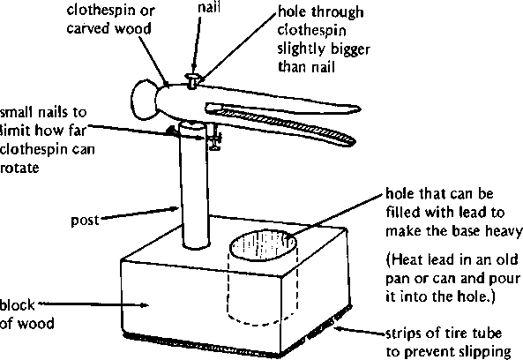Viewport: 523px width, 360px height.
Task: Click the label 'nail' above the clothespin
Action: click(209, 7)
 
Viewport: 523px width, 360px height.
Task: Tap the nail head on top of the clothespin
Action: click(192, 77)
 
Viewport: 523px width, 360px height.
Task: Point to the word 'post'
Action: click(85, 221)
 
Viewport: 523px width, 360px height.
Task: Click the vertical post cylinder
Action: click(196, 187)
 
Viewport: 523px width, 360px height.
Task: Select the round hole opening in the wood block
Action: click(263, 246)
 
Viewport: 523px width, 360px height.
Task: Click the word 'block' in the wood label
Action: click(17, 305)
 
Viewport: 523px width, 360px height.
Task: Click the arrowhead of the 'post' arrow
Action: click(175, 208)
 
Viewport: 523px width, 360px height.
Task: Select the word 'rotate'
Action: click(19, 168)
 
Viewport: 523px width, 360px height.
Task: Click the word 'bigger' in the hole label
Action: click(349, 50)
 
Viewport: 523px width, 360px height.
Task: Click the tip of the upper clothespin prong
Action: click(360, 109)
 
